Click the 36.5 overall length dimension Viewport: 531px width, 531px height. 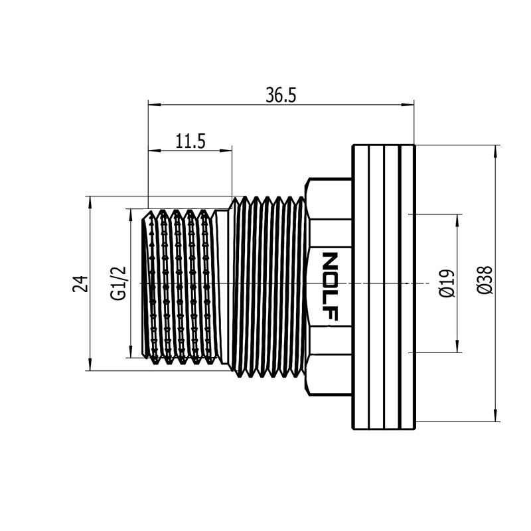pos(281,95)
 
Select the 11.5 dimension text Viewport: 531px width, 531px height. pos(190,141)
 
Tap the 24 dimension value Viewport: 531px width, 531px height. pos(80,284)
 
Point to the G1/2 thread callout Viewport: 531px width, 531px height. pos(118,283)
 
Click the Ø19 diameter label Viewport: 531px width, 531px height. pos(446,283)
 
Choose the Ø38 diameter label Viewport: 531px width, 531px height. pos(485,280)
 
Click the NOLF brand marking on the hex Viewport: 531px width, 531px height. pos(329,286)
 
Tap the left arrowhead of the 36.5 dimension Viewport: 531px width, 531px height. pos(155,105)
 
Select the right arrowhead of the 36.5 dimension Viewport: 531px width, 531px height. pos(408,105)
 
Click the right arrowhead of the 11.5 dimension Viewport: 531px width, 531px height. pos(226,151)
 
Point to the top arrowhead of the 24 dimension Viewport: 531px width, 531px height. pos(90,202)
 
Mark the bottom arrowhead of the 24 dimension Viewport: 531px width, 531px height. pos(90,364)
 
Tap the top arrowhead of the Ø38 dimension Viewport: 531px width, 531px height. pos(496,151)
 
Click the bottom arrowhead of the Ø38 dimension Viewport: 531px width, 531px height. pos(496,416)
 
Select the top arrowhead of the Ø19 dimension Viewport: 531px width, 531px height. pos(458,220)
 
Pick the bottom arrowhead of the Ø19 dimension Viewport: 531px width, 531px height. pos(458,346)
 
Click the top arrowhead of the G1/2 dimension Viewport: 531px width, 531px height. pos(130,215)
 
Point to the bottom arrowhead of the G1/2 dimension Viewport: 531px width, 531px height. pos(130,351)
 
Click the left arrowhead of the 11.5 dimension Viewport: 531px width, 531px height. pos(155,151)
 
